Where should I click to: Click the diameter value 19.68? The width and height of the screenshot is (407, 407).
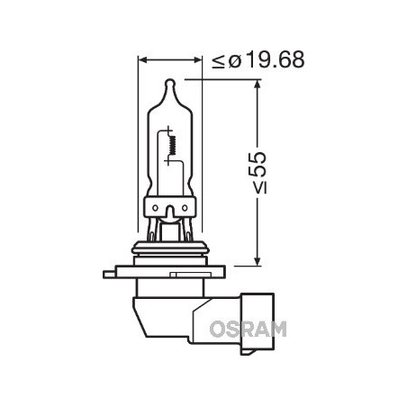tap(273, 60)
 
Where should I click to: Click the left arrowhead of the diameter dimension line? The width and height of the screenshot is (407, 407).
tap(142, 60)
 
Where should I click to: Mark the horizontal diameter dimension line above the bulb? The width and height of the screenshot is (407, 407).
tap(170, 60)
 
